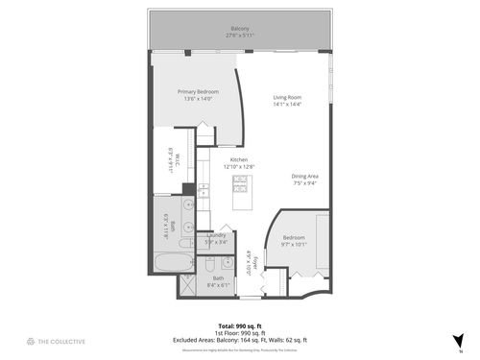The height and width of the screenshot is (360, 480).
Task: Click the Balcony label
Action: (240, 31)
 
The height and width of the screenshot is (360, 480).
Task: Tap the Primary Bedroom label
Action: (197, 94)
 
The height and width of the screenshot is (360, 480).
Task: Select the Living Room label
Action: (287, 100)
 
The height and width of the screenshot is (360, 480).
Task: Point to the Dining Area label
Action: (305, 179)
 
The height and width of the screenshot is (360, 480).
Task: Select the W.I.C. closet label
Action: (169, 157)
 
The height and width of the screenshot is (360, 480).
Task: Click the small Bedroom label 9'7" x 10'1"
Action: (293, 240)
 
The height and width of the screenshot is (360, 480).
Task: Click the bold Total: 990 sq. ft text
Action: (240, 324)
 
